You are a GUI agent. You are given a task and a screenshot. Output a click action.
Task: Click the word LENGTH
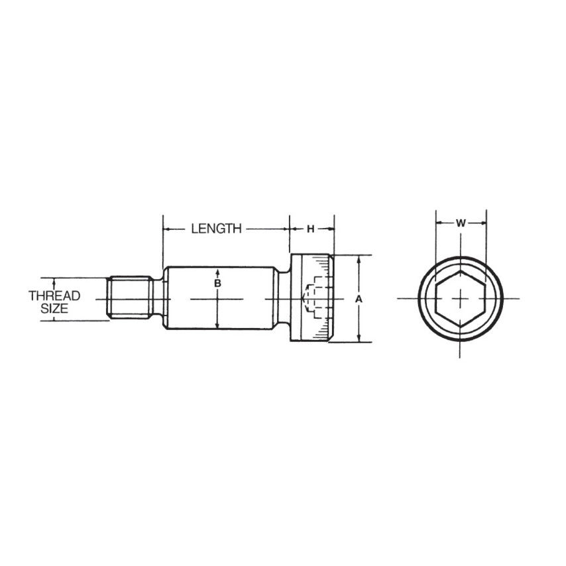216,229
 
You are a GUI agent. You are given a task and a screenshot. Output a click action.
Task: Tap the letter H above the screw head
310,229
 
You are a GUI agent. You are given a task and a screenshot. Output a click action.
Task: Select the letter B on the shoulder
217,284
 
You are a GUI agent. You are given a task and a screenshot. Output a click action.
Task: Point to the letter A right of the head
359,299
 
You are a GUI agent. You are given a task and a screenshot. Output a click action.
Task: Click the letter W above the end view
461,223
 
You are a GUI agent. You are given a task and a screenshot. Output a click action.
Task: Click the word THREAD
54,296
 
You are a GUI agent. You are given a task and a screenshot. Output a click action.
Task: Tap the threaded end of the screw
130,299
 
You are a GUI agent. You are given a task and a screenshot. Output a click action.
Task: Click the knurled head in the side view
311,299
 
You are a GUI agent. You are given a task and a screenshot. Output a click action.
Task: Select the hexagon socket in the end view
461,299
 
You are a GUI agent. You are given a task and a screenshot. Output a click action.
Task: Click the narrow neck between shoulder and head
282,299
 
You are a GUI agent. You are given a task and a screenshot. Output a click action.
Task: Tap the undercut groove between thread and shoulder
159,299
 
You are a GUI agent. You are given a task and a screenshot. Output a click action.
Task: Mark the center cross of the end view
461,299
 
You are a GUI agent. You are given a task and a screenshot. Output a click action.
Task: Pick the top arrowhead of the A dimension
359,259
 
